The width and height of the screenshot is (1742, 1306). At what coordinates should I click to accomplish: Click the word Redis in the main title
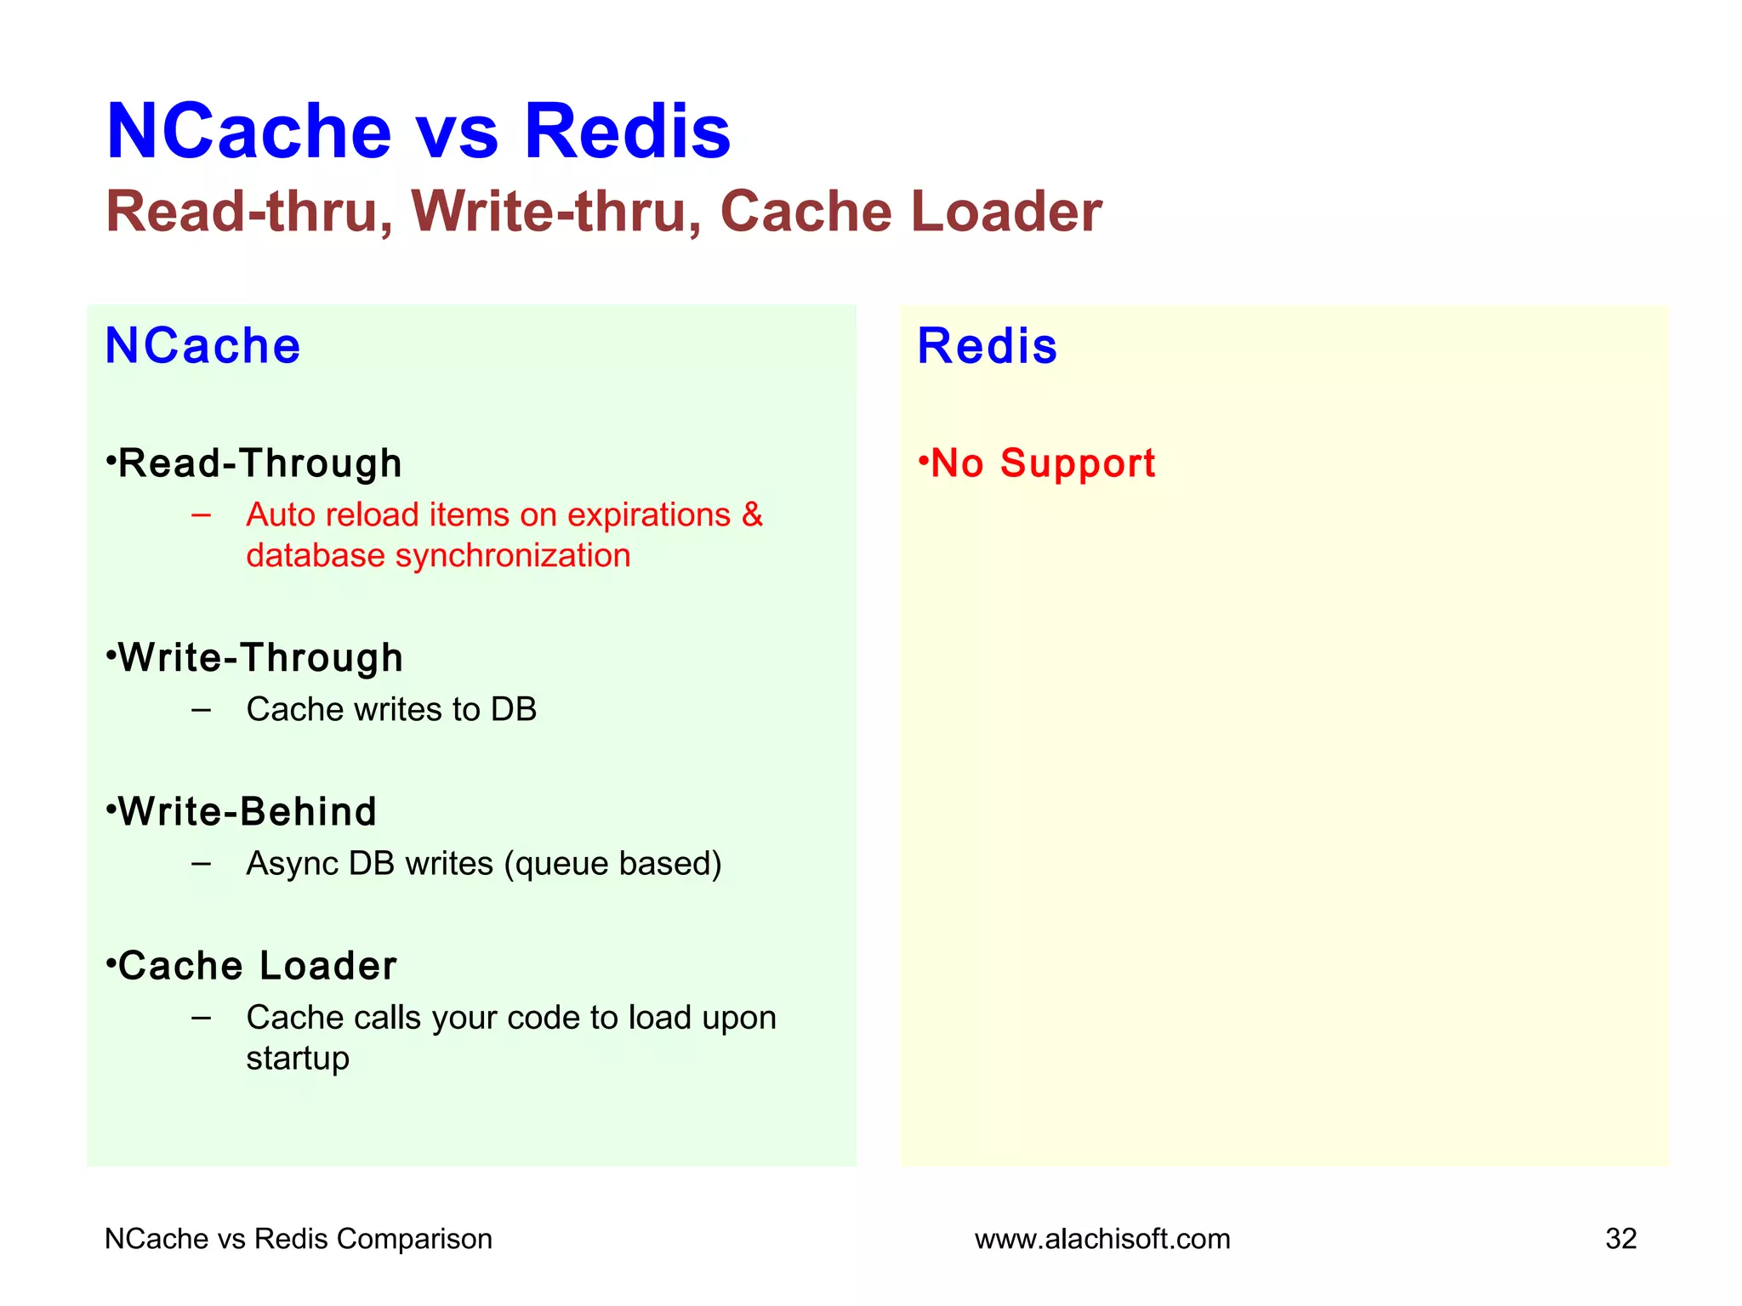(x=627, y=132)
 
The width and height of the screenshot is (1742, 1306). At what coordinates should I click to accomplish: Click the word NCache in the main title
(x=248, y=132)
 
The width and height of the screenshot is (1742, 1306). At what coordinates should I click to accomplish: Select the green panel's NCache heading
(x=202, y=346)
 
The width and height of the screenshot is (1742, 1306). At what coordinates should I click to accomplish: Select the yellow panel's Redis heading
(x=987, y=346)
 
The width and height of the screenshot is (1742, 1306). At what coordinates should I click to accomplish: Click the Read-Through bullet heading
(x=259, y=463)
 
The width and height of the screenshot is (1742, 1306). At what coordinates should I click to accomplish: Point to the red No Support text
(x=1042, y=463)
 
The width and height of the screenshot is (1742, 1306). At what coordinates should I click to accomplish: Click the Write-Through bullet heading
(x=259, y=658)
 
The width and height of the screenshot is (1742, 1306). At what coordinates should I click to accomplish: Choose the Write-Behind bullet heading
(x=247, y=812)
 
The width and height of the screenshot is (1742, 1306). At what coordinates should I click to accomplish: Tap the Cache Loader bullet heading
(x=256, y=966)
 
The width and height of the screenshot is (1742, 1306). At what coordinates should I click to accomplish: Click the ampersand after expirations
(x=752, y=515)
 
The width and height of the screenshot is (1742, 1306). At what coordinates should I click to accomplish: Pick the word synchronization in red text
(x=513, y=556)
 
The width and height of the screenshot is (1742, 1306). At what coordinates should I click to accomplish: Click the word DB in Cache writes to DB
(x=513, y=710)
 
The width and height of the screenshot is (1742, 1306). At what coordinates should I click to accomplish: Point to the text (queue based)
(x=612, y=864)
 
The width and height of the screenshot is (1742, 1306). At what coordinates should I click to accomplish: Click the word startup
(x=298, y=1059)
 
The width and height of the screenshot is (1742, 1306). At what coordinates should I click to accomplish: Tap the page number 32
(x=1620, y=1239)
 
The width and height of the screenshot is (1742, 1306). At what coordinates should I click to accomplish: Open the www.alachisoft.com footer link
(x=1102, y=1239)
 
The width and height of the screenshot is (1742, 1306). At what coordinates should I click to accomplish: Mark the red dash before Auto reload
(x=202, y=515)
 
